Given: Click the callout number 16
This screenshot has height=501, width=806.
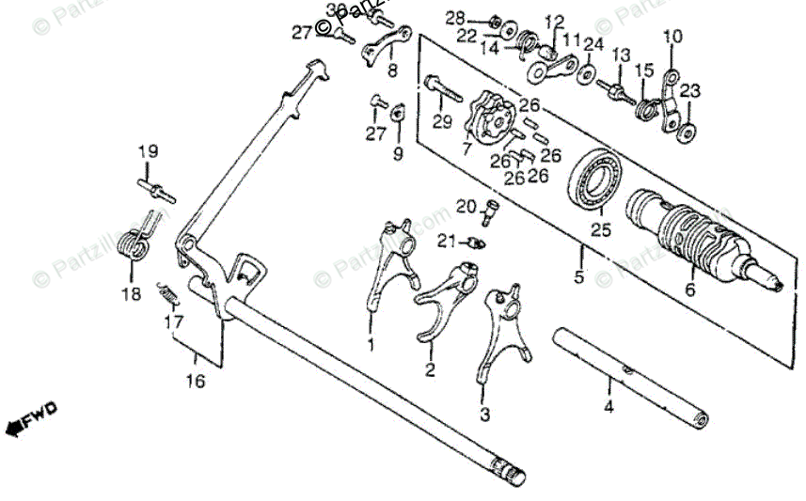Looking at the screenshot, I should pos(194,382).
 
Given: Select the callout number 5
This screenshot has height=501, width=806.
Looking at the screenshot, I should pos(579,277).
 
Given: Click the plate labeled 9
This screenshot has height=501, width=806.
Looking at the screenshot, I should pos(397,112).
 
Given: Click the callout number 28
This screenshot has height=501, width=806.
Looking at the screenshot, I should pos(455,18).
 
